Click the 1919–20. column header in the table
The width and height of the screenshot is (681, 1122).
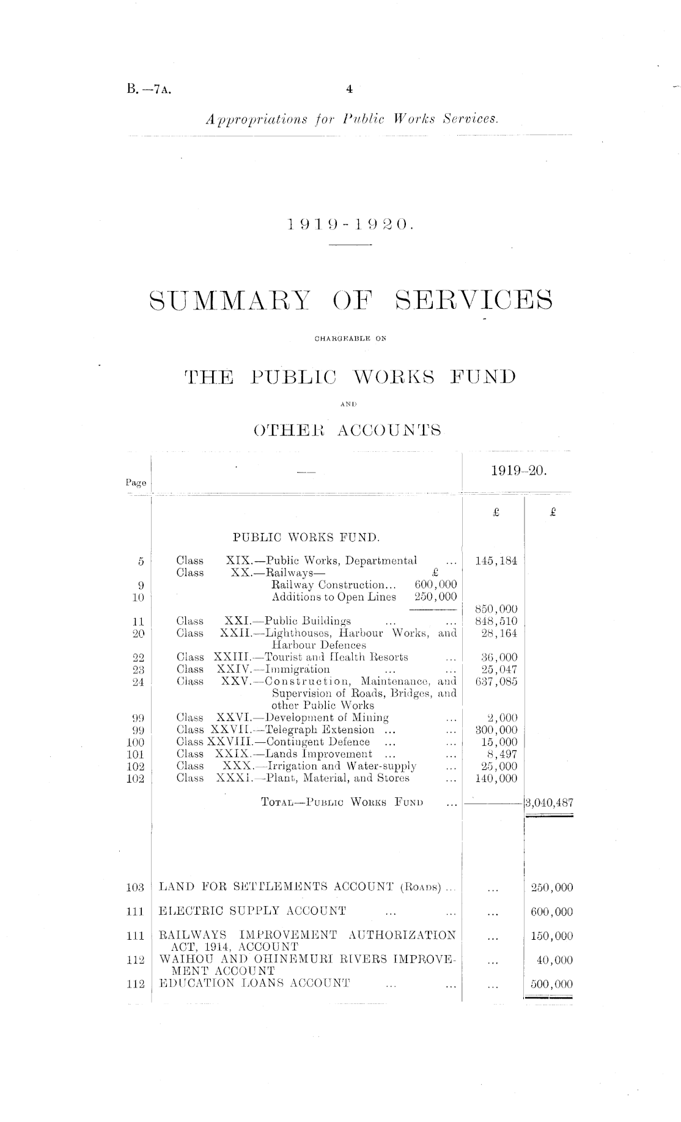coord(518,471)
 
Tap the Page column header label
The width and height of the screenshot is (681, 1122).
coord(136,482)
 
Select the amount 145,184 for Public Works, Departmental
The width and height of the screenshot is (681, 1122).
coord(496,561)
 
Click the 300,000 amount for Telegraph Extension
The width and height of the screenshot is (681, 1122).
coord(496,730)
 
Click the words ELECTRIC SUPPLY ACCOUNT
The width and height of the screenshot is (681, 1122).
coord(252,912)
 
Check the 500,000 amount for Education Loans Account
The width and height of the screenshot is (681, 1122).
coord(551,984)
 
